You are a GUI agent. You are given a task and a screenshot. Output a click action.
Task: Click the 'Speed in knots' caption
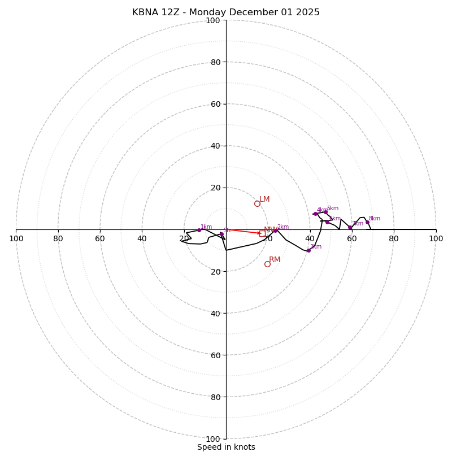click(x=226, y=447)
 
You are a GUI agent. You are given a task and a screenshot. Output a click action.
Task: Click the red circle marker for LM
click(x=257, y=203)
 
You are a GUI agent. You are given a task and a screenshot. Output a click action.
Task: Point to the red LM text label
click(x=264, y=199)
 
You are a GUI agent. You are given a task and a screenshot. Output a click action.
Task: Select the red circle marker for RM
click(x=267, y=264)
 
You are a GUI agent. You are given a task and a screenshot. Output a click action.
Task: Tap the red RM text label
click(x=275, y=260)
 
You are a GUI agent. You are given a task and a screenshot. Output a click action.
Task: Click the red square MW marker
click(x=262, y=233)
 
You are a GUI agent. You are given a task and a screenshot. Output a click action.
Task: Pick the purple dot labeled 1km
click(x=199, y=230)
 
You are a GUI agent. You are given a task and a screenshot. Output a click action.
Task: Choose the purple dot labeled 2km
click(x=275, y=231)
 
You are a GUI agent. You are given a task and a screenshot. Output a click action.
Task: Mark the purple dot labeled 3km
click(x=308, y=250)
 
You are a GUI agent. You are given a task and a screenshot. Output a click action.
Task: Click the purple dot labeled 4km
click(x=315, y=214)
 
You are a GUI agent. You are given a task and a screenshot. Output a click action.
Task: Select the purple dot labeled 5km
click(x=325, y=212)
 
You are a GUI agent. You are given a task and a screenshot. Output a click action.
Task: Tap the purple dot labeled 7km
click(x=350, y=228)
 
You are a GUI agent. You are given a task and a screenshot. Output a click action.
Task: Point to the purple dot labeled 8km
click(x=367, y=222)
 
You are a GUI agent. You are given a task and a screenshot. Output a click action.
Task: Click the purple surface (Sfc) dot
click(x=221, y=234)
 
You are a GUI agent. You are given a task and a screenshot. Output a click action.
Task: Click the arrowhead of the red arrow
click(x=259, y=233)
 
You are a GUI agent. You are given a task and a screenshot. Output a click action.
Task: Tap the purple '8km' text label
click(x=374, y=219)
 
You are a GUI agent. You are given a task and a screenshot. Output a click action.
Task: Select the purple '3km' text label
click(x=315, y=247)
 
